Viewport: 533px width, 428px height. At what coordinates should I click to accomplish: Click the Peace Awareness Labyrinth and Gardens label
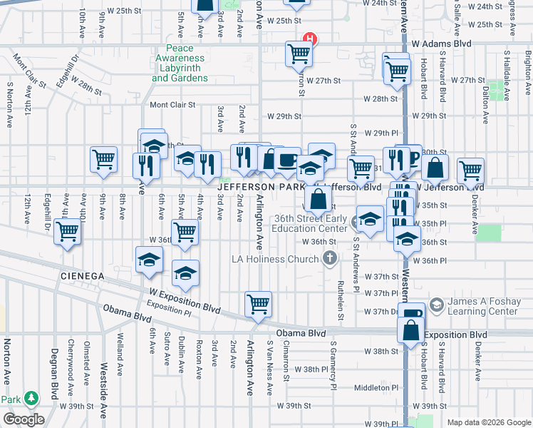[180, 63]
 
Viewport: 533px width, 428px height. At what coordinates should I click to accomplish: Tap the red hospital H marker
[310, 40]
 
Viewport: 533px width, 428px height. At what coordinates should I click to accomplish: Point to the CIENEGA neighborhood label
[83, 275]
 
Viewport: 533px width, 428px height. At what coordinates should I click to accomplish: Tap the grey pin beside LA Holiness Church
[329, 259]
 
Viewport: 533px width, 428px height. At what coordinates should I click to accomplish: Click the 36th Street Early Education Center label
[312, 224]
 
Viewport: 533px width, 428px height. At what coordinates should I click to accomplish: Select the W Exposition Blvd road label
[185, 300]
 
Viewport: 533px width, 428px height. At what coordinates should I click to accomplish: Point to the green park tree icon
[31, 398]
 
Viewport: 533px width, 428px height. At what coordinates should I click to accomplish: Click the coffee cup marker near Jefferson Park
[287, 161]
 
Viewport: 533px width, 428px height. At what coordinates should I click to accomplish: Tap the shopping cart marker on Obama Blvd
[257, 304]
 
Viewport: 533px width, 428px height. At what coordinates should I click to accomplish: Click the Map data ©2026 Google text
[489, 422]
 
